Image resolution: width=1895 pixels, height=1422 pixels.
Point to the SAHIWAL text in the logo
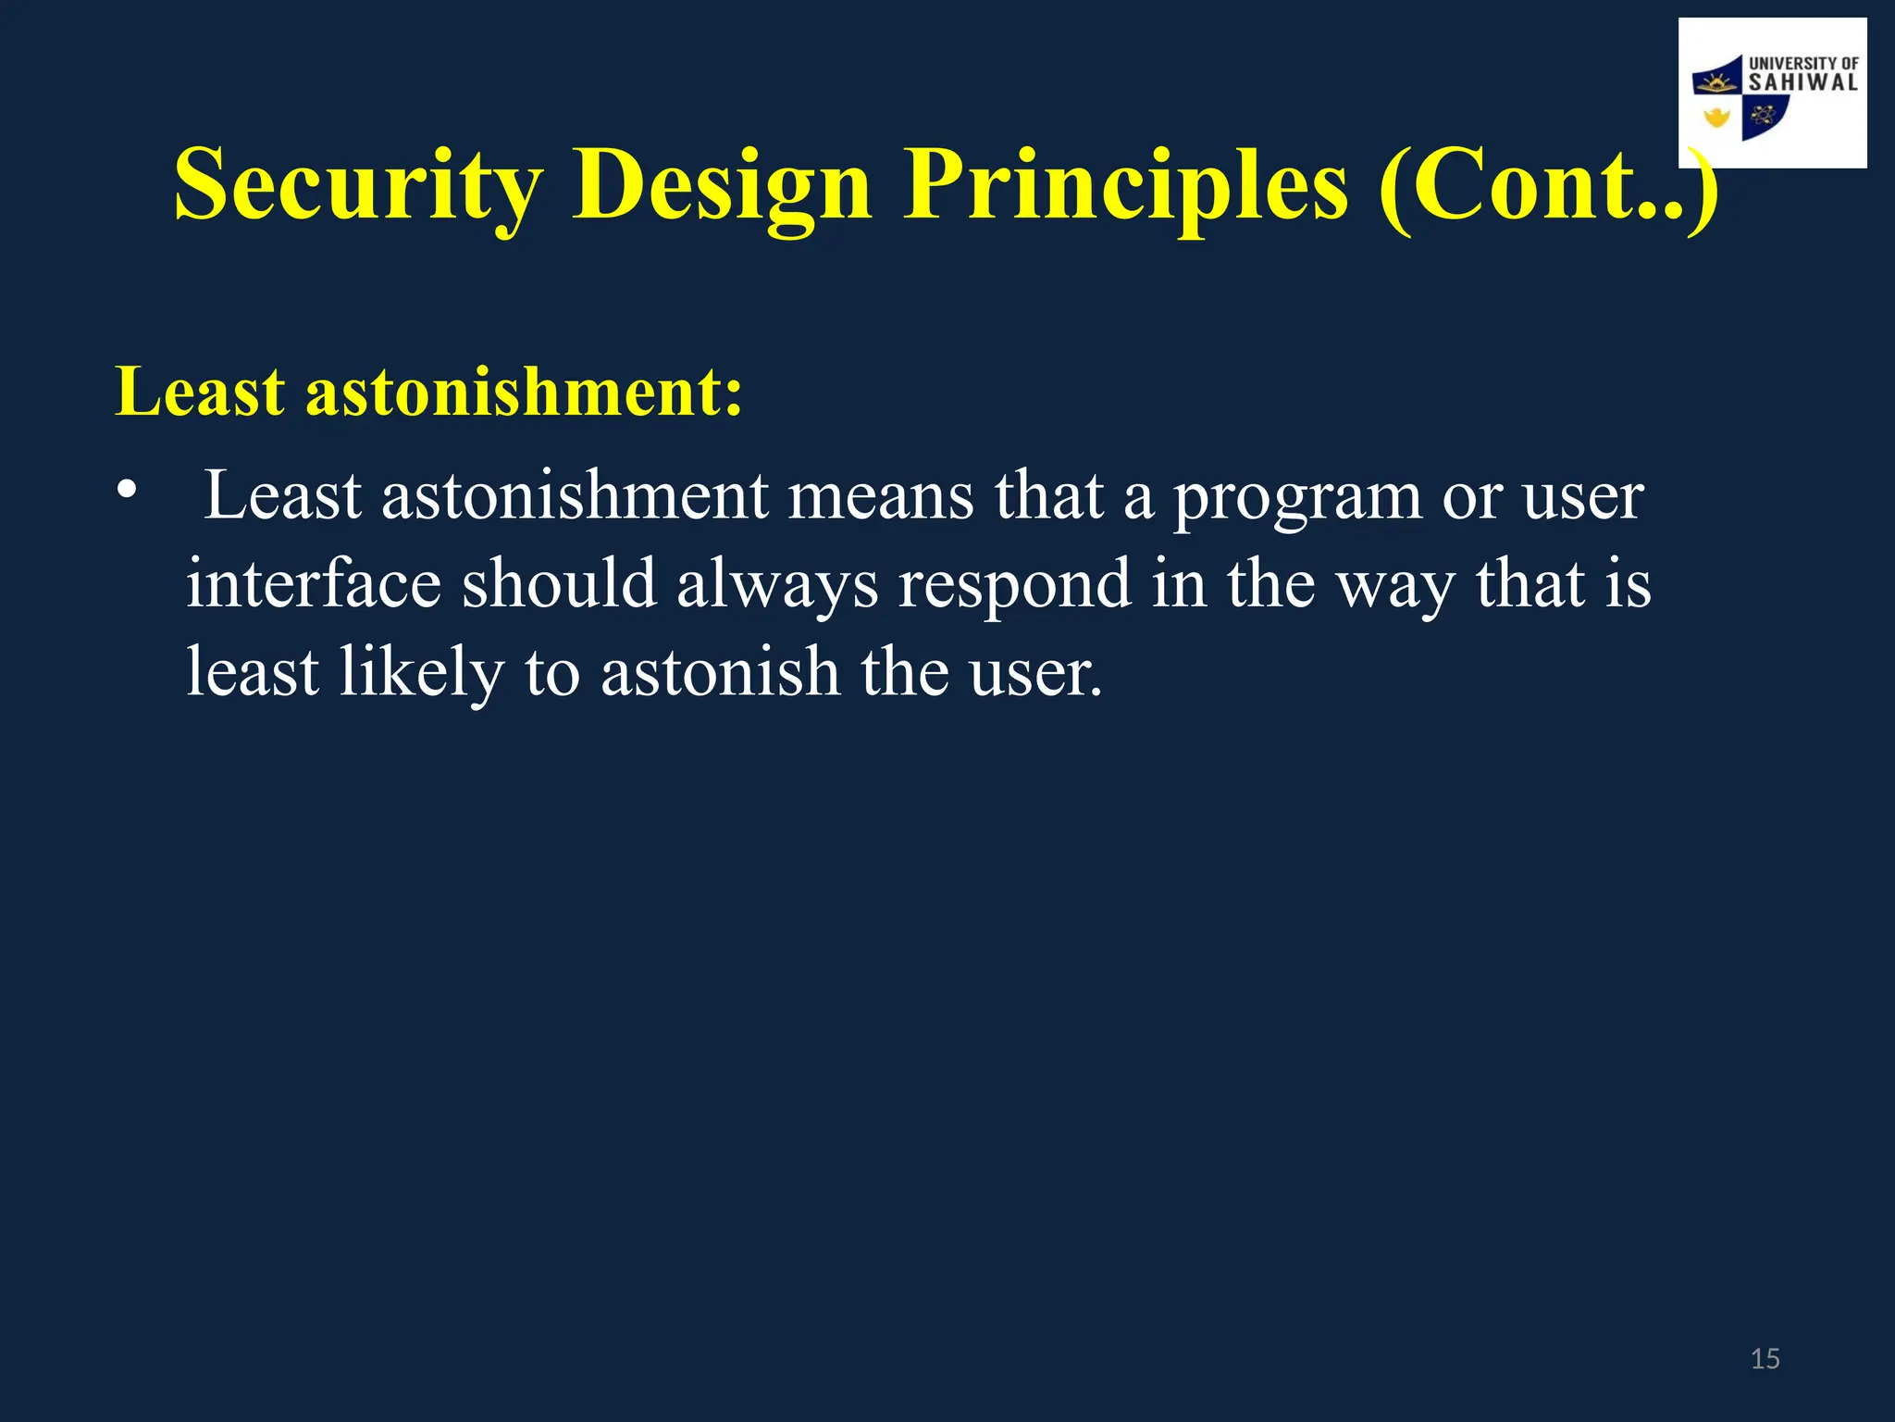1802,82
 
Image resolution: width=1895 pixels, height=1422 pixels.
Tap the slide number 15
1765,1359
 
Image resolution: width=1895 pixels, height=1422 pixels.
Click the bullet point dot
127,489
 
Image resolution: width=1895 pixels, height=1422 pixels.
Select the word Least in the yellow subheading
199,392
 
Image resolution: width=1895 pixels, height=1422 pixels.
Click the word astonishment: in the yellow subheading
524,392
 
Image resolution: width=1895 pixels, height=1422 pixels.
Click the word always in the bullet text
776,585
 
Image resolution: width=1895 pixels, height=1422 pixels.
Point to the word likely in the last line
421,673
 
